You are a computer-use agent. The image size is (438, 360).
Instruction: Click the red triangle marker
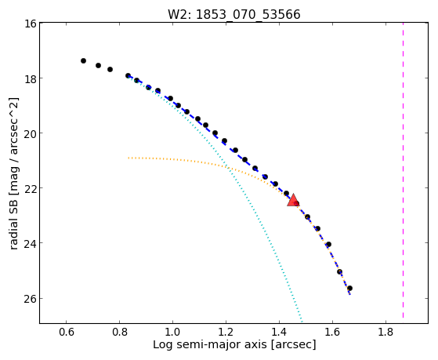pos(293,200)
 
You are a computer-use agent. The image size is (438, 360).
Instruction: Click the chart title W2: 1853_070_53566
pos(234,14)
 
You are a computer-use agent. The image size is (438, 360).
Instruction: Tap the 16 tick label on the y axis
pos(31,24)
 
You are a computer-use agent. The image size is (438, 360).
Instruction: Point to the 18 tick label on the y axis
pos(31,78)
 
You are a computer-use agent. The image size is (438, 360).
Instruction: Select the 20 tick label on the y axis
pos(31,133)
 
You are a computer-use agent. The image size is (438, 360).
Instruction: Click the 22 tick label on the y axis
pos(31,188)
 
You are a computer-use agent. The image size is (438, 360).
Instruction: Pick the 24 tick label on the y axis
pos(31,243)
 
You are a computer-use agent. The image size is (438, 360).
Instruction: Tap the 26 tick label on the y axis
pos(31,299)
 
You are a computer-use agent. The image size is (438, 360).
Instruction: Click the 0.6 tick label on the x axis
pos(66,332)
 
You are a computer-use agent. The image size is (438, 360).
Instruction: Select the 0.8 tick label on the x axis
pos(119,332)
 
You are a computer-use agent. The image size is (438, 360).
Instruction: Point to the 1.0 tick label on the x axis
pos(172,332)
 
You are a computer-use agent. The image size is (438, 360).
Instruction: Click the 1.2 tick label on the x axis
pos(226,332)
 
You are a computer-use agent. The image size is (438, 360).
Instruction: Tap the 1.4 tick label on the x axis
pos(279,332)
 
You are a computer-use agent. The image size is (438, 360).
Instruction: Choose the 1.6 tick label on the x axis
pos(332,332)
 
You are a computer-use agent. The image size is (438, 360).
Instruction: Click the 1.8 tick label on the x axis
pos(386,332)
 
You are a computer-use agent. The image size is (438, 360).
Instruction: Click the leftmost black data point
pos(83,60)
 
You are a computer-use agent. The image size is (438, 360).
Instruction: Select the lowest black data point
pos(349,288)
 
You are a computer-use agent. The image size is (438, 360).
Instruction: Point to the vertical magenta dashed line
pos(403,170)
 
